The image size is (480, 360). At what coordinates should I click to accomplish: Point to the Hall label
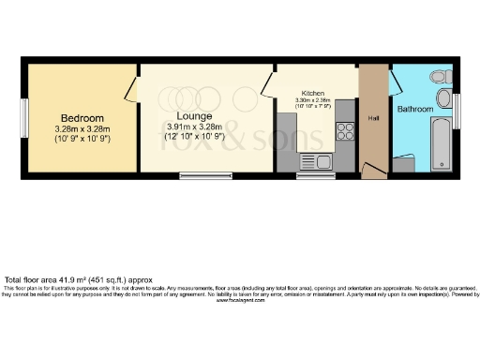pos(373,118)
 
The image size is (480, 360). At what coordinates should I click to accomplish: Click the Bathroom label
pos(415,110)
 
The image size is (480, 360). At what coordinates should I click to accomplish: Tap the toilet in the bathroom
pos(437,76)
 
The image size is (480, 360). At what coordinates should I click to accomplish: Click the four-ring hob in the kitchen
pos(344,134)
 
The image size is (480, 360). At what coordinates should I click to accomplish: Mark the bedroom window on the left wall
pos(25,118)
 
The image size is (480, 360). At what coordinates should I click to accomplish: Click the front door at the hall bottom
pos(373,172)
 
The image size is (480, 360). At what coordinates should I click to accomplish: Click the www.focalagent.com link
pos(240,301)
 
